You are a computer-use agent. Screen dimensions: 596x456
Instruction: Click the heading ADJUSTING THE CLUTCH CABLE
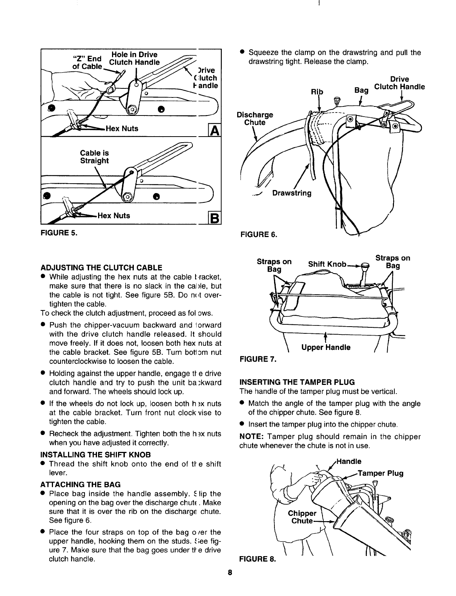tap(102, 268)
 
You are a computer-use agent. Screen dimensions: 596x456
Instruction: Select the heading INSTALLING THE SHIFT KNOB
tap(96, 454)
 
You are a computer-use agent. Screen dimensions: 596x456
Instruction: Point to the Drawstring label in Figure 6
tap(292, 193)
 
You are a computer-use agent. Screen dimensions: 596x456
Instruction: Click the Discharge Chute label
tap(255, 119)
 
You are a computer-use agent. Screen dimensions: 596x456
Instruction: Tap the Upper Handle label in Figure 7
tap(326, 347)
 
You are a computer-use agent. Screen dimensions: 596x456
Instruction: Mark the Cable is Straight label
tap(94, 157)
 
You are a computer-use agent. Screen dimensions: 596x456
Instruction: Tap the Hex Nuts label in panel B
tap(114, 216)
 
